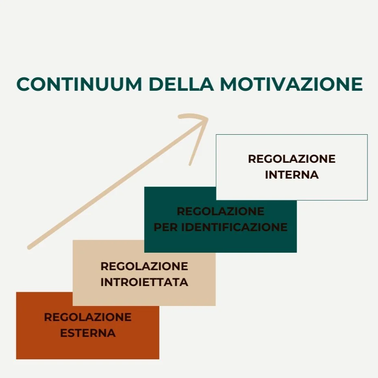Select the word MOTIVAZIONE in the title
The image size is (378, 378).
click(x=291, y=84)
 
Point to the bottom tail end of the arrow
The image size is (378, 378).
click(x=29, y=247)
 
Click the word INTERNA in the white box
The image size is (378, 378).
click(x=291, y=175)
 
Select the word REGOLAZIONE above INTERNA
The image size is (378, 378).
click(x=291, y=159)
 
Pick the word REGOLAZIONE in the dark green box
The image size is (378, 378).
click(x=220, y=212)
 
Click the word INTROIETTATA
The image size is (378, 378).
click(x=144, y=282)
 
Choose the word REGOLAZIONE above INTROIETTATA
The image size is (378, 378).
click(x=144, y=267)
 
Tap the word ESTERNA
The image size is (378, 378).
click(x=87, y=333)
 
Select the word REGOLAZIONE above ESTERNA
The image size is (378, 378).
click(x=87, y=317)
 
